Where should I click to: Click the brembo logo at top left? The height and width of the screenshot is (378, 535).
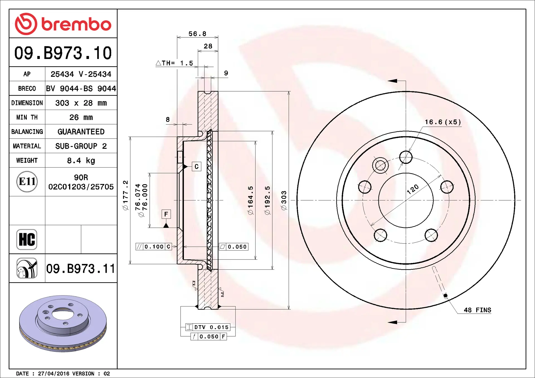click(63, 24)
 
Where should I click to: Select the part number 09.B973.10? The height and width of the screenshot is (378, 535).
click(63, 53)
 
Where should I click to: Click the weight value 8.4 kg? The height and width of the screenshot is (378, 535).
click(81, 161)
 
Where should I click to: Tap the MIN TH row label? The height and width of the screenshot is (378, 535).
click(27, 117)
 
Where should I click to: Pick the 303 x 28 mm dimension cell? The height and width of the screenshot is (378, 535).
click(81, 103)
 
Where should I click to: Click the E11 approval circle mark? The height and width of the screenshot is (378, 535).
click(27, 181)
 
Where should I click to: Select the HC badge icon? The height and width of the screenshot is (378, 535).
click(27, 239)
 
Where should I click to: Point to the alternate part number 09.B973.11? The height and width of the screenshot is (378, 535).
click(81, 269)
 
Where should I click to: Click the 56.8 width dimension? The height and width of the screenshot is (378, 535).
click(197, 34)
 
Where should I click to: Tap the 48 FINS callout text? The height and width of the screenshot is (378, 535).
click(477, 310)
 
